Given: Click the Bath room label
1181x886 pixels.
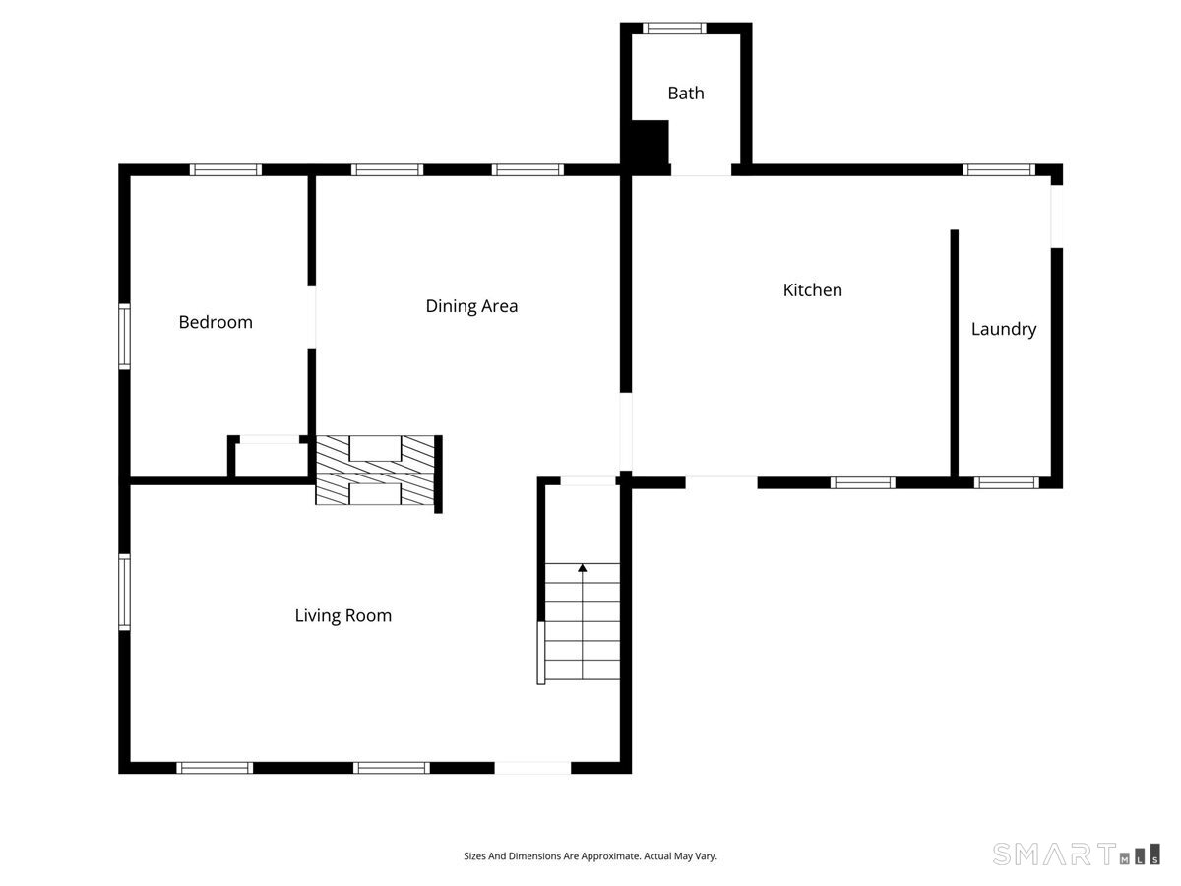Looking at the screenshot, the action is (685, 94).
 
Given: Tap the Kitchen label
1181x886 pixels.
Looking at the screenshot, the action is (813, 290).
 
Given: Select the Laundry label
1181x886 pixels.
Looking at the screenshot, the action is (1004, 329).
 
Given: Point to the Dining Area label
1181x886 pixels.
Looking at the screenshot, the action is (471, 306).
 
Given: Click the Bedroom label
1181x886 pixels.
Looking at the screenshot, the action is (216, 322).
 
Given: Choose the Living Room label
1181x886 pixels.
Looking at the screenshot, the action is (343, 615).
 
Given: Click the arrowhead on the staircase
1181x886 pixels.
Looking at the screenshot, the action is (583, 568).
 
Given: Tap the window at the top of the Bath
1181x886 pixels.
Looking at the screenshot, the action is (674, 28).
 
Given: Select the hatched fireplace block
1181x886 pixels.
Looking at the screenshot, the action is (375, 470).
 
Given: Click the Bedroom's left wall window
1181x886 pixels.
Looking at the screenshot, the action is (124, 337).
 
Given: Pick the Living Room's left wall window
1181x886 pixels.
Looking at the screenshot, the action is (124, 592).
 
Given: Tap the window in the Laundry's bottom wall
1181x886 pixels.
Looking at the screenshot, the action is (1006, 482).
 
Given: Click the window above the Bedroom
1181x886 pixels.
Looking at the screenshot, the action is (226, 170).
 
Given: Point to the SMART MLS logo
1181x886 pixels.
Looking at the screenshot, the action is (1076, 854).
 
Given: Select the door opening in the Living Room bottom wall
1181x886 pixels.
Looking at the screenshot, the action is (532, 768).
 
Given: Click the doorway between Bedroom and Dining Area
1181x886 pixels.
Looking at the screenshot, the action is (312, 317).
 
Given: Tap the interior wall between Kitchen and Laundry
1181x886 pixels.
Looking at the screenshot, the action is (954, 353).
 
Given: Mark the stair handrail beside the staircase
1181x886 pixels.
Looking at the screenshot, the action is (540, 653).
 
